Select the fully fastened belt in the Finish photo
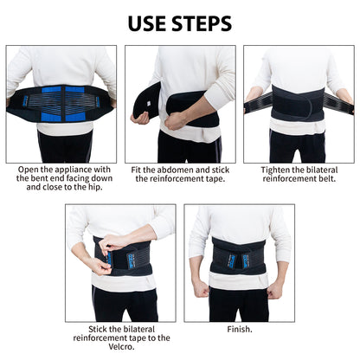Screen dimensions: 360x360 coord(240,257)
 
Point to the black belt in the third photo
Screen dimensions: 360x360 coord(298,103)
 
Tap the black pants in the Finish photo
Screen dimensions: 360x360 coord(240,303)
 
